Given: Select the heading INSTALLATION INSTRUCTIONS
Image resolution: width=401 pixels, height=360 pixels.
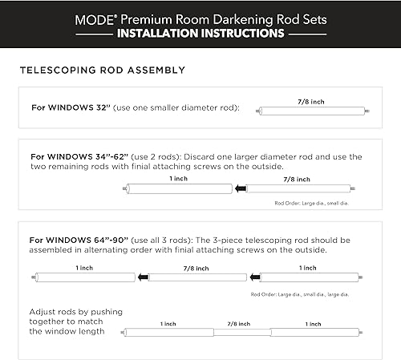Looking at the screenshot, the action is [200, 34].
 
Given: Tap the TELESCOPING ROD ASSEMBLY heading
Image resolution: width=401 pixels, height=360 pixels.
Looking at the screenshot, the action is [102, 70].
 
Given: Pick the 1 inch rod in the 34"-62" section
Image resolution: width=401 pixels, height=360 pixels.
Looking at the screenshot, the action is [176, 188].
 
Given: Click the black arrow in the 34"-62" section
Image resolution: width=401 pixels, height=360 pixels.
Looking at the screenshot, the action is [240, 188].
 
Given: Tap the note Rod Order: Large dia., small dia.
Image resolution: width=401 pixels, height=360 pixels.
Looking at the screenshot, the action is [310, 204].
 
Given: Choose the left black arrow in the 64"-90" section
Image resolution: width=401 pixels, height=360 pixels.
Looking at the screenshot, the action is [142, 277].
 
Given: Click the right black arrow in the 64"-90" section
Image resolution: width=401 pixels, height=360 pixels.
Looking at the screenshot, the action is [253, 277].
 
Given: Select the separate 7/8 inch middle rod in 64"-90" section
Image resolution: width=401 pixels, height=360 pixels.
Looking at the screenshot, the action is [197, 277].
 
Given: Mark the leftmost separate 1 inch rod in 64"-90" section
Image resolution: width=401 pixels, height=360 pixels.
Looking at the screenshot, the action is [84, 277].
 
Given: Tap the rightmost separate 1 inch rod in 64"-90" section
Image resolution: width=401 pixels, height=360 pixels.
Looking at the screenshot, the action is [308, 277].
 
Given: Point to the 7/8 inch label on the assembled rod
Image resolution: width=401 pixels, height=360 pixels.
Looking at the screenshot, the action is [239, 323].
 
